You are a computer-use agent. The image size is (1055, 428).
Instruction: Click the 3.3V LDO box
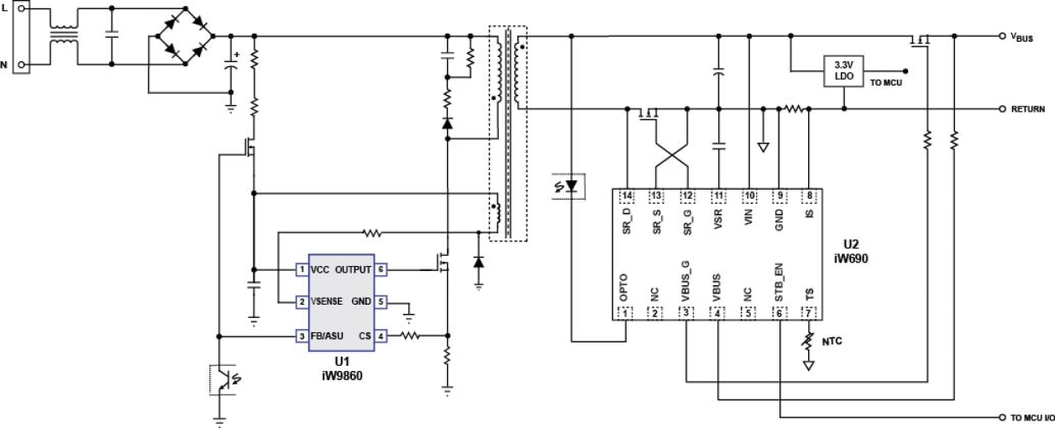coord(842,70)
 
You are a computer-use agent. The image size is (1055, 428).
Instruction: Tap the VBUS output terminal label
coord(1022,38)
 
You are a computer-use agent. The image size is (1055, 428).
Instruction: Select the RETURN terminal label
coord(1027,109)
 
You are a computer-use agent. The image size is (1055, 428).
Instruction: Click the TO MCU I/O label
coord(1026,417)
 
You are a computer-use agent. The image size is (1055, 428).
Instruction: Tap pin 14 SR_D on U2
coord(627,196)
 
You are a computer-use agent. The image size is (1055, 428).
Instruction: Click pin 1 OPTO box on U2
coord(627,313)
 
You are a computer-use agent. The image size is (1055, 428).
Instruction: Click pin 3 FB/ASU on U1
coord(300,337)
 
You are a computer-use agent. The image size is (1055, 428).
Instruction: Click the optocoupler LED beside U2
coord(570,184)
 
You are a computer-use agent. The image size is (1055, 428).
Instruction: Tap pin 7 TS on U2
coord(809,313)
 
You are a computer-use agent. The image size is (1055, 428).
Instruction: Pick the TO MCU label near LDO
coord(886,83)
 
